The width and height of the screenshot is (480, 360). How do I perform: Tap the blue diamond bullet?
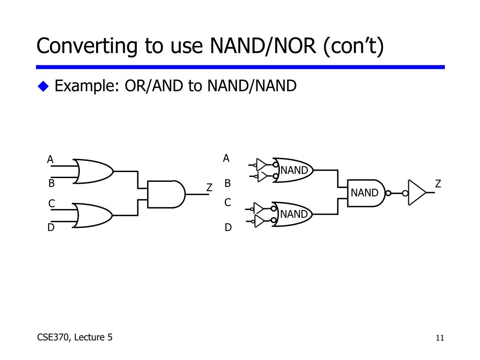coord(44,86)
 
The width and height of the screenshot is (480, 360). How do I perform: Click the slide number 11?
coord(440,338)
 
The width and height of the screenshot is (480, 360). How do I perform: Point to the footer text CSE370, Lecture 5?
coord(75,337)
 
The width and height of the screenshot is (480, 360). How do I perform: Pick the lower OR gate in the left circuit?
coord(93,216)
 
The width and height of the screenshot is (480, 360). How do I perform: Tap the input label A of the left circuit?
coord(50,160)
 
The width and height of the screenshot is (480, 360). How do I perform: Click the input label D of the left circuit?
coord(51,227)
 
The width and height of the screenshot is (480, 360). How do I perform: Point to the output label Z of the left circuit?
coord(210,188)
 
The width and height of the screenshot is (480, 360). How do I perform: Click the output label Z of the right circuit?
coord(438,184)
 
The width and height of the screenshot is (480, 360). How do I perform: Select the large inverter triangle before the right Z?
coord(417,192)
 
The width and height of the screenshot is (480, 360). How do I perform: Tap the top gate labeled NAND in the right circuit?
coord(292,170)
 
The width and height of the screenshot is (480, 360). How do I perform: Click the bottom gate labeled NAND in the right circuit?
coord(292,214)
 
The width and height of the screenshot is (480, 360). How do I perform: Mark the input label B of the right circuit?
coord(228,183)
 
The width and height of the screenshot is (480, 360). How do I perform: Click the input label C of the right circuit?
coord(228,203)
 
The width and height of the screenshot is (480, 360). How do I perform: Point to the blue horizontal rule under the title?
coord(240,67)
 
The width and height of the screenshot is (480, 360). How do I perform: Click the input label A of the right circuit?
coord(226,158)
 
